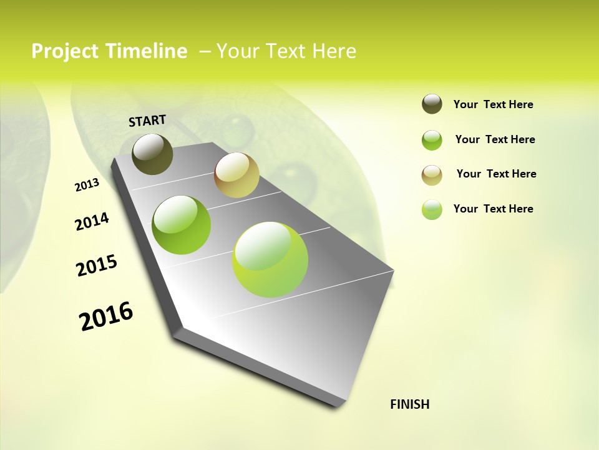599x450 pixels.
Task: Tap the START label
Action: pos(147,121)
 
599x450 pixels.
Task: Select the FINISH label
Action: pos(410,404)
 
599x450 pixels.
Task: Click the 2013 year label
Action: pos(87,185)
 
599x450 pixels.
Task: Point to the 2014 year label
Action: pos(92,221)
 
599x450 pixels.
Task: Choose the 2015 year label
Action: pos(97,266)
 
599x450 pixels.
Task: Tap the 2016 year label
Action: pos(106,316)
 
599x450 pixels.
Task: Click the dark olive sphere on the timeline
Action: pos(152,154)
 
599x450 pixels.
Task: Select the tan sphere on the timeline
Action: pos(236,175)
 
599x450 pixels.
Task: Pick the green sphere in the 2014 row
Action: pos(182,225)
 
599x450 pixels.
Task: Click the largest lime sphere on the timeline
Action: pos(270,259)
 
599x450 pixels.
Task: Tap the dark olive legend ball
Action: pos(432,104)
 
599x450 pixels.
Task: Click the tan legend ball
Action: pos(432,174)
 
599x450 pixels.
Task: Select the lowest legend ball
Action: pos(432,209)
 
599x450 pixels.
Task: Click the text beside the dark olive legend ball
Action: pos(493,104)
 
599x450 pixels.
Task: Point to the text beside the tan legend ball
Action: pos(496,174)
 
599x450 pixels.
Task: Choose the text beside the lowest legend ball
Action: pos(493,209)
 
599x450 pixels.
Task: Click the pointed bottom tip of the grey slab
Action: pos(340,405)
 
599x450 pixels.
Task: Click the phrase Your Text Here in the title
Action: pos(286,51)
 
